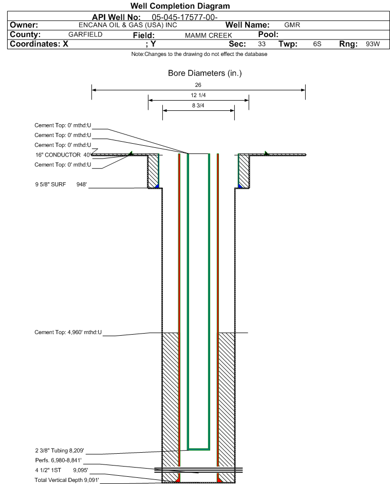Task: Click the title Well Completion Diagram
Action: [x=180, y=6]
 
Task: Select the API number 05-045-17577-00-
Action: [x=184, y=17]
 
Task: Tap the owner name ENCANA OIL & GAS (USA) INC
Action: [x=128, y=25]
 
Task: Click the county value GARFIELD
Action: [x=85, y=34]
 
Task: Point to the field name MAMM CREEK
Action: [x=208, y=35]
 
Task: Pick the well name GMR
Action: [x=292, y=25]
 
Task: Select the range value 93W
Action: [x=373, y=44]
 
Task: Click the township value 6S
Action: [x=317, y=44]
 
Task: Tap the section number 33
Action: [x=262, y=44]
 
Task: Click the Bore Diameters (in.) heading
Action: [x=205, y=73]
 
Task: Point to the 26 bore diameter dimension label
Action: [x=198, y=85]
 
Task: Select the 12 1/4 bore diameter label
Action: [x=198, y=95]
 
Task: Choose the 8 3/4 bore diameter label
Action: [x=198, y=106]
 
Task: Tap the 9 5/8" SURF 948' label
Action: [x=61, y=185]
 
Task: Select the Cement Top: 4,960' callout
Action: [x=68, y=333]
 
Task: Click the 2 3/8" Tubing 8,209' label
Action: [x=60, y=451]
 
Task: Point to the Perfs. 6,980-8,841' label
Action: [x=59, y=460]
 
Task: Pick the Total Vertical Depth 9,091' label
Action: [x=67, y=480]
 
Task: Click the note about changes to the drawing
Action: [x=199, y=54]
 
